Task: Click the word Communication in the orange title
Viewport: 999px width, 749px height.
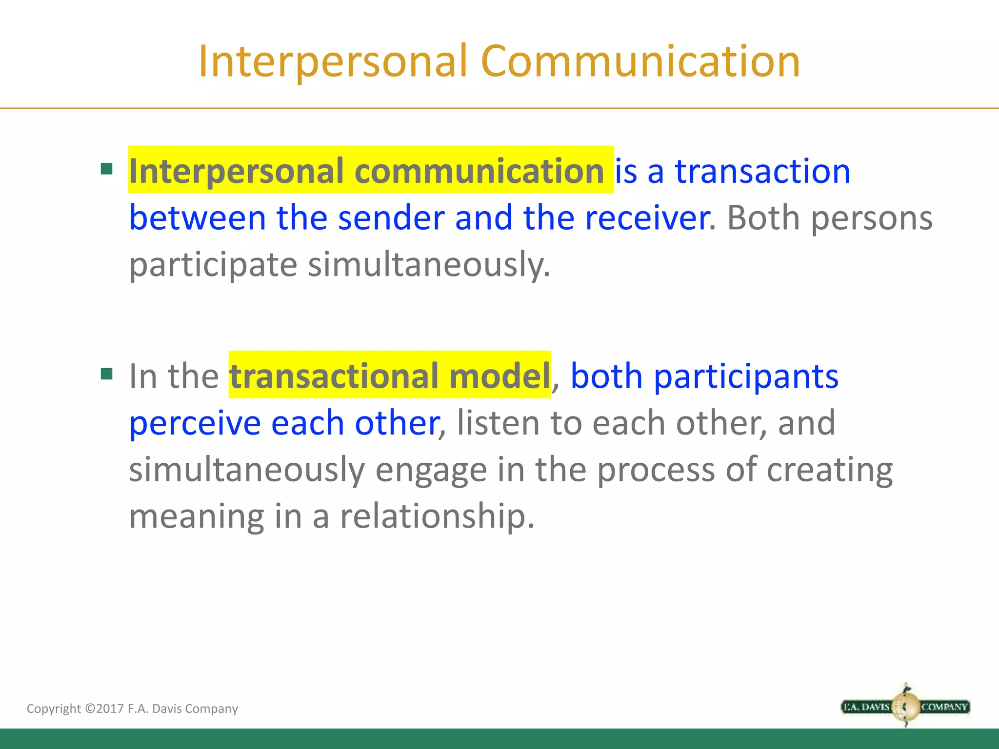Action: [x=640, y=61]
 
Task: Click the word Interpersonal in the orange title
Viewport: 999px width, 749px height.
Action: [x=333, y=61]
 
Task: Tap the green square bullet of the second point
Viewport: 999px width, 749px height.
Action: [x=106, y=374]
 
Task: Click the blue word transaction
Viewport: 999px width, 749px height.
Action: [x=762, y=171]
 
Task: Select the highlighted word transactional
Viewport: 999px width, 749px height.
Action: [x=334, y=376]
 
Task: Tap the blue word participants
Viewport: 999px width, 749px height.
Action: [x=746, y=376]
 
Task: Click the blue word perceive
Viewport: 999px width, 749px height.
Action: [x=195, y=423]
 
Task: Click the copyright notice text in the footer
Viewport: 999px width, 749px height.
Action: [x=132, y=709]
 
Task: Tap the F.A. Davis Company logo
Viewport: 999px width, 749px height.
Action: [x=905, y=706]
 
